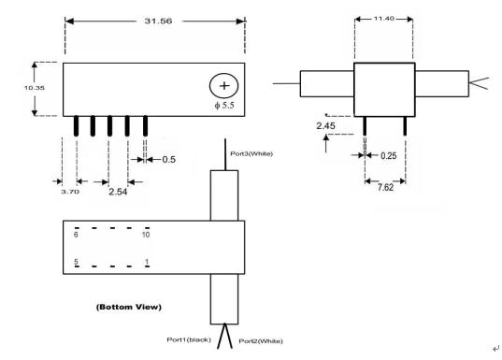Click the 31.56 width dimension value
[x=158, y=22]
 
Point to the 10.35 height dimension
[x=35, y=88]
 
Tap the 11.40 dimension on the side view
[x=384, y=19]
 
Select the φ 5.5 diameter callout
[x=224, y=105]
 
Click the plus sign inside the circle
[x=224, y=85]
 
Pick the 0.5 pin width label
[x=168, y=160]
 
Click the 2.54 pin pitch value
[x=118, y=192]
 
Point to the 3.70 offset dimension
[x=70, y=192]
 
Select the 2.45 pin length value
[x=326, y=126]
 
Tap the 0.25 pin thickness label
[x=388, y=156]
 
